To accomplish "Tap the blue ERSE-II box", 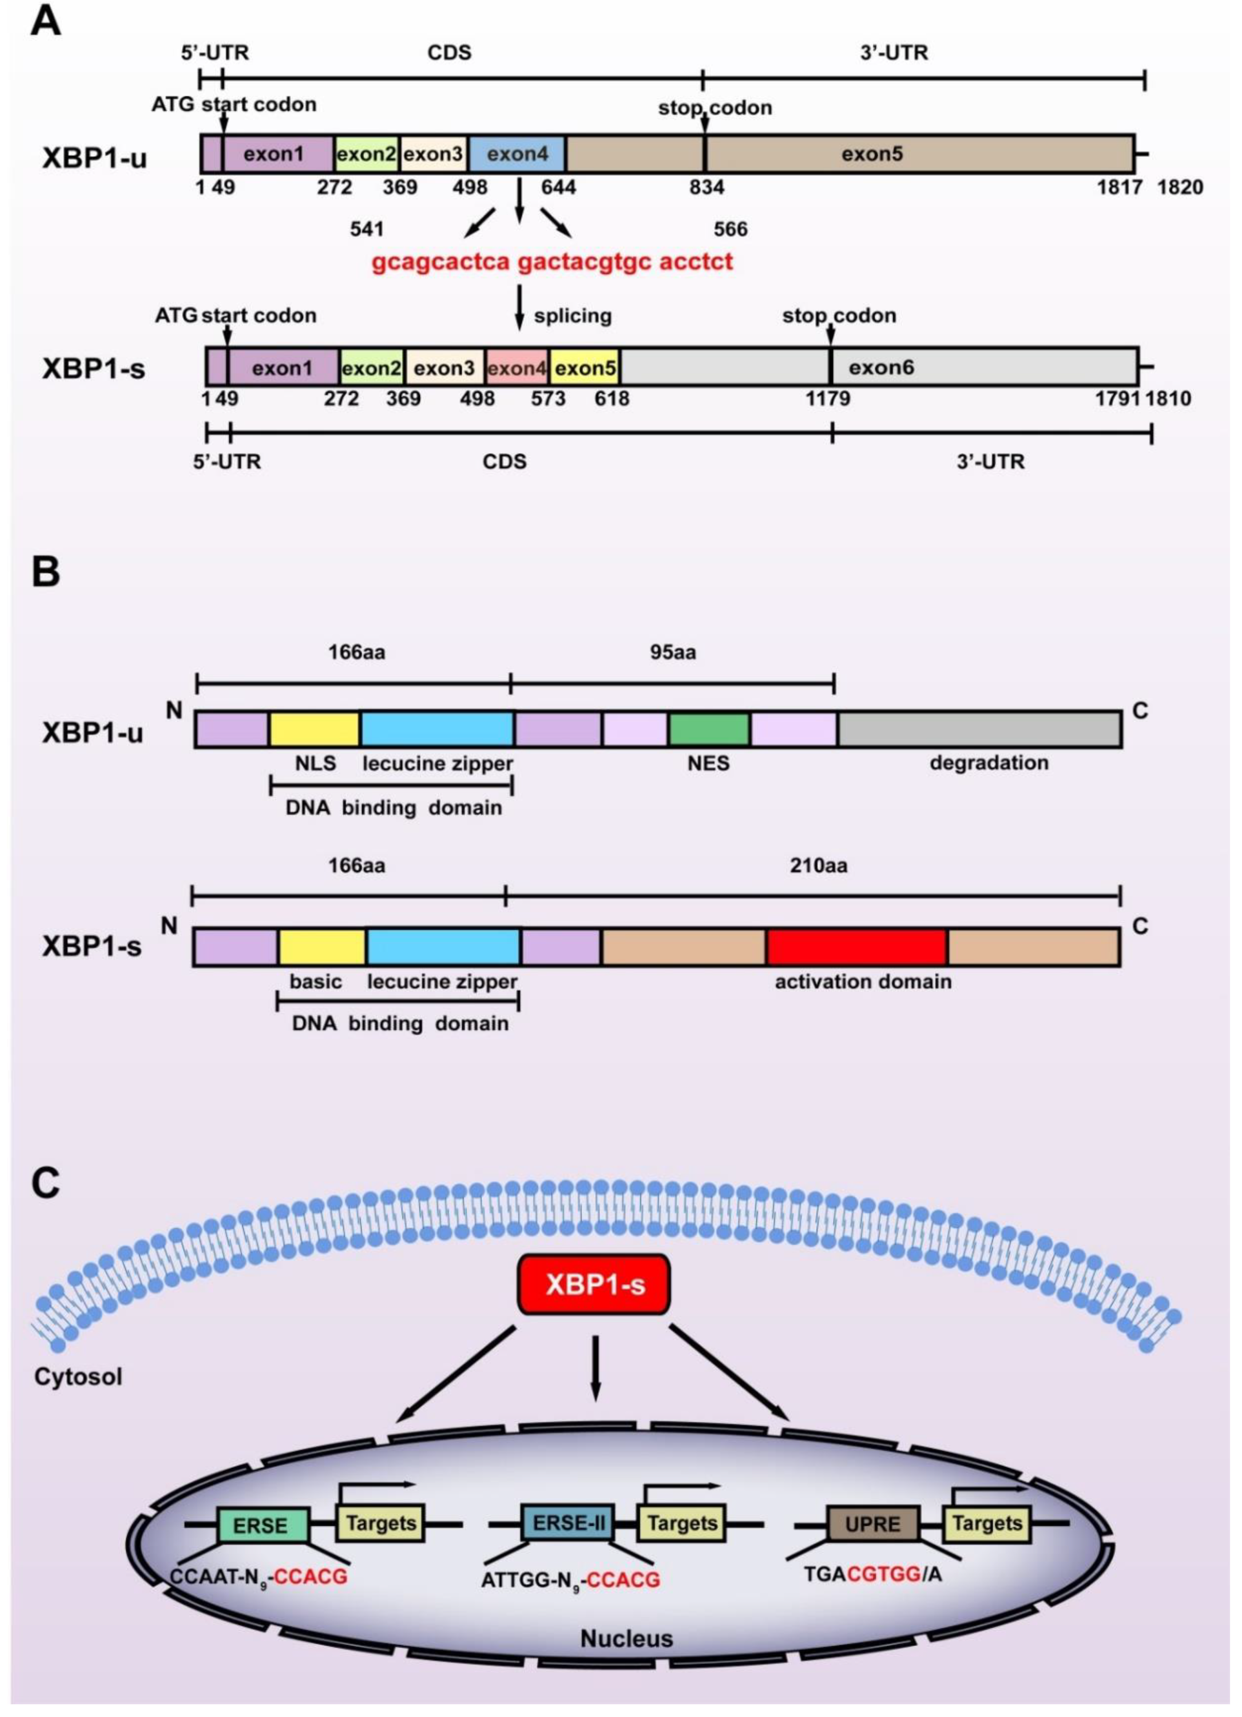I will click(x=568, y=1522).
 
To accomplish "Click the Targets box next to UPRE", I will click(x=986, y=1522).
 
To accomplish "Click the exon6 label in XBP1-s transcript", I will click(x=880, y=368).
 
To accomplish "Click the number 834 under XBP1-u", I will click(x=705, y=187).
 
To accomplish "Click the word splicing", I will click(x=572, y=316).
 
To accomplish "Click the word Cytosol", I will click(x=78, y=1376).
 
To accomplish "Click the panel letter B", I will click(x=45, y=572).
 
